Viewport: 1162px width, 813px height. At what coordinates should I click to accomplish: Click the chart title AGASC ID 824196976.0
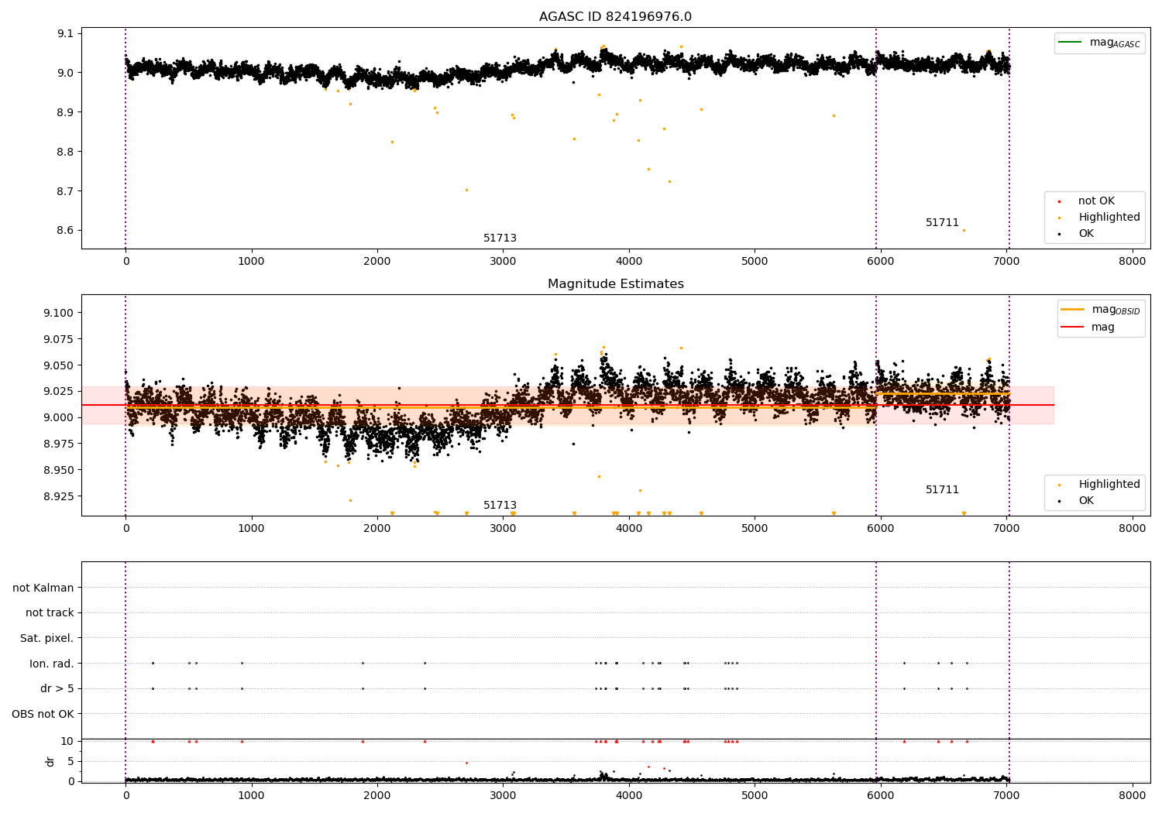click(x=615, y=16)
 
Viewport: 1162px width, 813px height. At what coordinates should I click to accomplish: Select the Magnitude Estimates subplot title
click(x=616, y=283)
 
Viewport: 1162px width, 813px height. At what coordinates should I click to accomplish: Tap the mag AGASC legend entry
click(x=1099, y=43)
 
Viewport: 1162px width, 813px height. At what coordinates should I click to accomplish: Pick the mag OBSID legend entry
click(x=1100, y=310)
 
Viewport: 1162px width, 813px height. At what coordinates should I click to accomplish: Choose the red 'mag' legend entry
click(x=1088, y=327)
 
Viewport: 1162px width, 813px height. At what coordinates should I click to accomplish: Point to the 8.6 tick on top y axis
click(x=65, y=230)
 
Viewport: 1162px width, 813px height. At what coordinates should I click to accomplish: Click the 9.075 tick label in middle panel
click(x=58, y=339)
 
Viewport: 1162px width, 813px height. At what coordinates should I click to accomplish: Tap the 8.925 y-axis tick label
click(x=58, y=496)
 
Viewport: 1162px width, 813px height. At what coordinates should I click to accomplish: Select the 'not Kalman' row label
click(x=43, y=588)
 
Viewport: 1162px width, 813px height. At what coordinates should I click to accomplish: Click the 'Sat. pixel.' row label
click(x=46, y=638)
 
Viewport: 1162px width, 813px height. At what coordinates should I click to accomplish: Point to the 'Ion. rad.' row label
click(x=51, y=663)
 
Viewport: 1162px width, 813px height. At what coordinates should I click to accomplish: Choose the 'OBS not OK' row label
click(x=43, y=714)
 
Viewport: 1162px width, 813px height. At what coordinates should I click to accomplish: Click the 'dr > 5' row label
click(x=57, y=688)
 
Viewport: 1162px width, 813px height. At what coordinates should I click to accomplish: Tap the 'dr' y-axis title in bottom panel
click(x=50, y=762)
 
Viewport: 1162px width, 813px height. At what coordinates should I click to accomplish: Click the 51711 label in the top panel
click(x=942, y=222)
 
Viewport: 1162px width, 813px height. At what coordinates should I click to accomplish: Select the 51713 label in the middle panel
click(x=500, y=505)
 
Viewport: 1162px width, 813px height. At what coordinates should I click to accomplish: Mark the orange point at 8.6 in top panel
click(x=964, y=230)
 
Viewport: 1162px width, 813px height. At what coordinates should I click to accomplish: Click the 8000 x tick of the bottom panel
click(x=1132, y=795)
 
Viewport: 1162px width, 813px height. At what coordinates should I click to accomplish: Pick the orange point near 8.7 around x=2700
click(x=466, y=190)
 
